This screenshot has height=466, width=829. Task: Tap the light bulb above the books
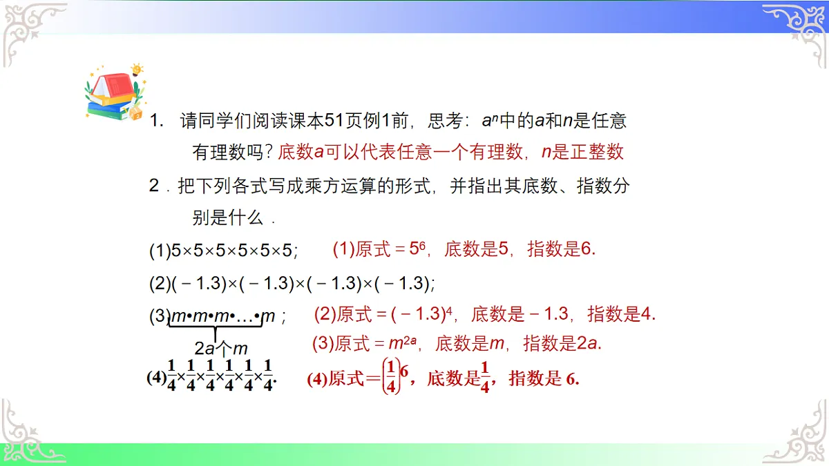point(137,69)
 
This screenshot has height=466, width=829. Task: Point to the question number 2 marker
point(155,186)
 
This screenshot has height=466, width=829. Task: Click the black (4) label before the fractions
point(156,378)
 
